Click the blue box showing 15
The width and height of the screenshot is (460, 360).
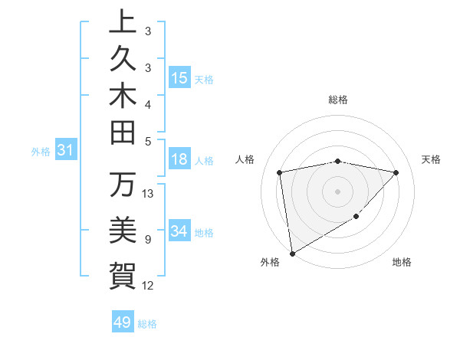pyautogui.click(x=179, y=77)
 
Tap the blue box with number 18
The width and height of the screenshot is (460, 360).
pyautogui.click(x=179, y=160)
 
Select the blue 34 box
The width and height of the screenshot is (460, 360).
pyautogui.click(x=179, y=231)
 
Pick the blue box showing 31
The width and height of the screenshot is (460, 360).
pyautogui.click(x=65, y=151)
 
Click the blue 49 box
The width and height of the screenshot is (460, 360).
pyautogui.click(x=122, y=322)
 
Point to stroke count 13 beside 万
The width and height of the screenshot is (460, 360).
pyautogui.click(x=148, y=193)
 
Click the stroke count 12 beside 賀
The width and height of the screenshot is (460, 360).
pyautogui.click(x=148, y=286)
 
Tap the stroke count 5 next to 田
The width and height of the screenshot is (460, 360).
pyautogui.click(x=147, y=141)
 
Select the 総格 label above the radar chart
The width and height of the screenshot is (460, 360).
pyautogui.click(x=338, y=100)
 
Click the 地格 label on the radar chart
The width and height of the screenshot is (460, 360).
pyautogui.click(x=402, y=262)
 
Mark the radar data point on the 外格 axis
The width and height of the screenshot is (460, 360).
pyautogui.click(x=292, y=253)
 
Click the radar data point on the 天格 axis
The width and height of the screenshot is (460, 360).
pyautogui.click(x=396, y=172)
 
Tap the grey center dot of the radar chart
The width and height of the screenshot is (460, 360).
pyautogui.click(x=338, y=191)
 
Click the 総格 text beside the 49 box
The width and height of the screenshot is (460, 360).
pyautogui.click(x=147, y=324)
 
